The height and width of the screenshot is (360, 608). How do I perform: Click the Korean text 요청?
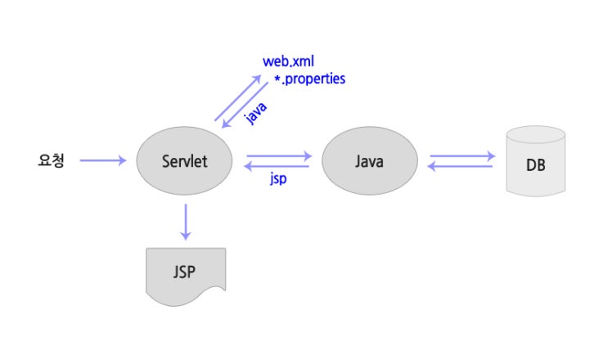[x=50, y=161]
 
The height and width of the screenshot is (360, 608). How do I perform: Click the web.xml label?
[x=288, y=61]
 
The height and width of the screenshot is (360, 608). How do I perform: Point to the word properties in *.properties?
[x=315, y=79]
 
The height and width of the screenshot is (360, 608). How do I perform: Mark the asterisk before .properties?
[x=277, y=79]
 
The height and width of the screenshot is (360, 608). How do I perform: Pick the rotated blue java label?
[x=256, y=113]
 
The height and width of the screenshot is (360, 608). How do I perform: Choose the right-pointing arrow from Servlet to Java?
[x=279, y=155]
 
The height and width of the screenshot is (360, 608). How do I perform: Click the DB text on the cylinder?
[x=537, y=166]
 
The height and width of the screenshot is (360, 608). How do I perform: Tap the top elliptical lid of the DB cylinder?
[x=537, y=134]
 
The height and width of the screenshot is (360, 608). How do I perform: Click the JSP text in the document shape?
[x=185, y=272]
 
